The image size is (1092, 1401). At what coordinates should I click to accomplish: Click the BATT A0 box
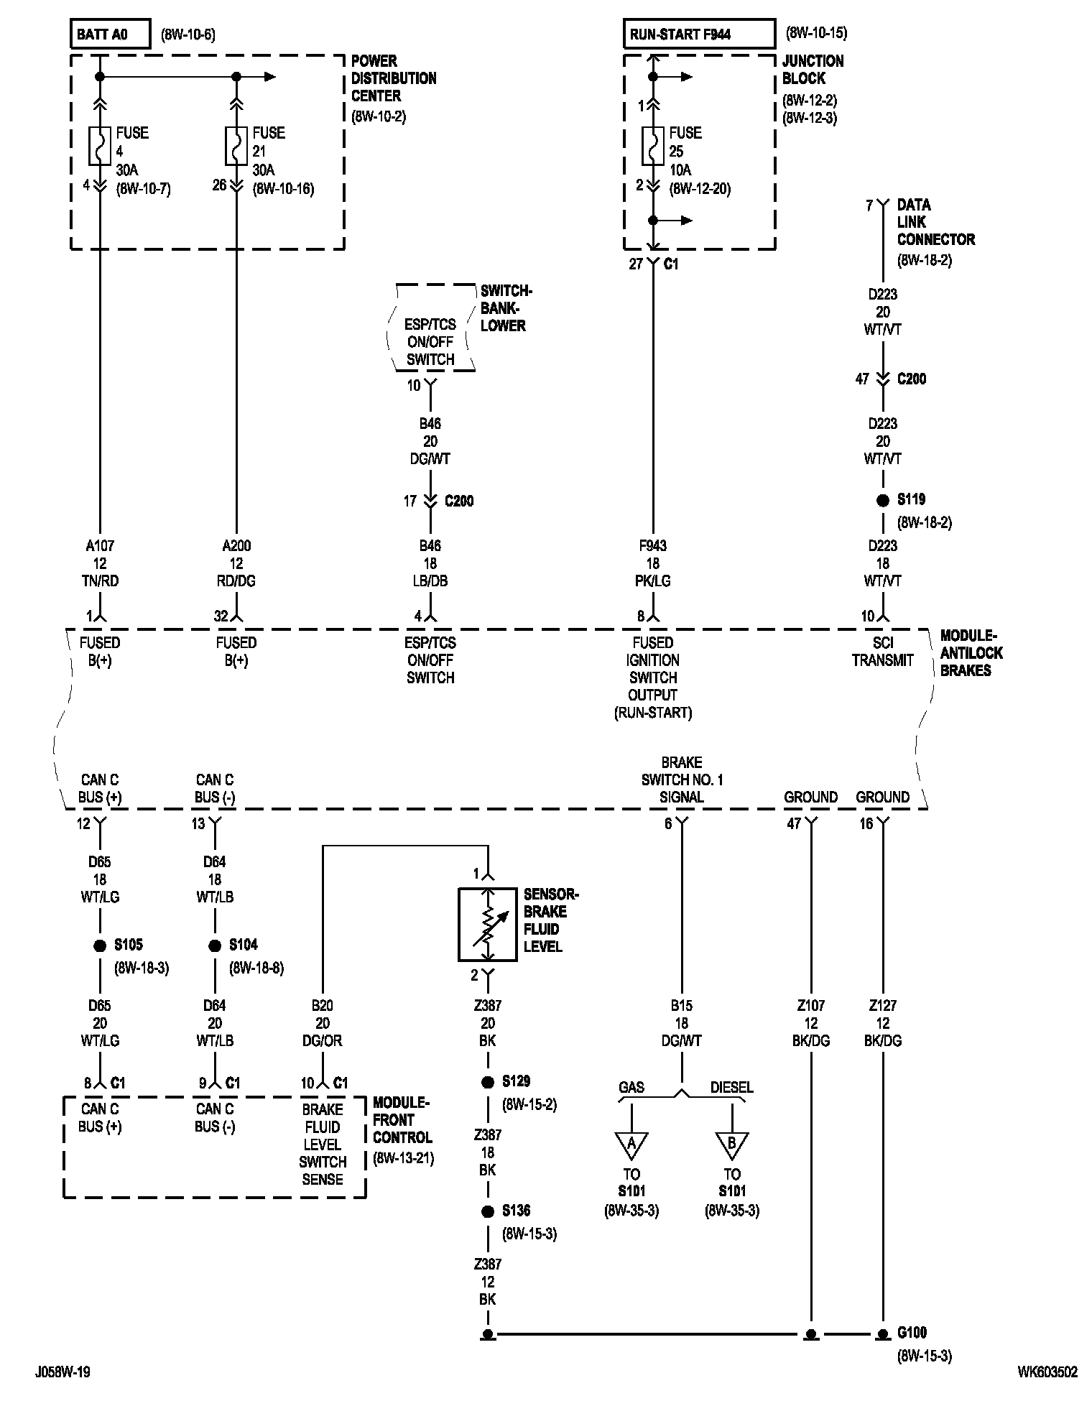[x=110, y=34]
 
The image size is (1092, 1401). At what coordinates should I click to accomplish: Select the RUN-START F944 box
[x=698, y=34]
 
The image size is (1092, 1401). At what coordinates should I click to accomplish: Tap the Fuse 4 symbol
[x=100, y=146]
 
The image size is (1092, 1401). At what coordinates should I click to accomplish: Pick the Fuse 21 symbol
[x=236, y=146]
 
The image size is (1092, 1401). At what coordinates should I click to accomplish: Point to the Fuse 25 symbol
[x=653, y=146]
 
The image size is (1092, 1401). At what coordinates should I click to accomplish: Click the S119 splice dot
[x=883, y=501]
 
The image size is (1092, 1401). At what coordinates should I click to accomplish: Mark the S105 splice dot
[x=100, y=946]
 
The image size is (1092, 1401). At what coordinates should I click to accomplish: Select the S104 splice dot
[x=215, y=946]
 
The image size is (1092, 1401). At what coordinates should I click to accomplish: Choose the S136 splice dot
[x=488, y=1212]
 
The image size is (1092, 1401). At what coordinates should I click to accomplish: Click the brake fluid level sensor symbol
[x=488, y=925]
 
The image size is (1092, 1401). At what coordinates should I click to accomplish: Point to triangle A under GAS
[x=631, y=1145]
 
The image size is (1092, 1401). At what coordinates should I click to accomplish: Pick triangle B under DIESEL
[x=732, y=1145]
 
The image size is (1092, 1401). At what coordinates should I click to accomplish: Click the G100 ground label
[x=912, y=1333]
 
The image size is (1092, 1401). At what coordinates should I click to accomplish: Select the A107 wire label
[x=100, y=546]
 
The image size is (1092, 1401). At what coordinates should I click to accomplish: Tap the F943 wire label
[x=653, y=546]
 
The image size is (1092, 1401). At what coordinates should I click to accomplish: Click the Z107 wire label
[x=811, y=1006]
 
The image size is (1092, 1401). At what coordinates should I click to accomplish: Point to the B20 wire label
[x=323, y=1006]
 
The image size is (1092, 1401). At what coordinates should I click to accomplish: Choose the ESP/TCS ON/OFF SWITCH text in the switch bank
[x=430, y=342]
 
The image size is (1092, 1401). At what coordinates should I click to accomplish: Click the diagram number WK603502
[x=1047, y=1372]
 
